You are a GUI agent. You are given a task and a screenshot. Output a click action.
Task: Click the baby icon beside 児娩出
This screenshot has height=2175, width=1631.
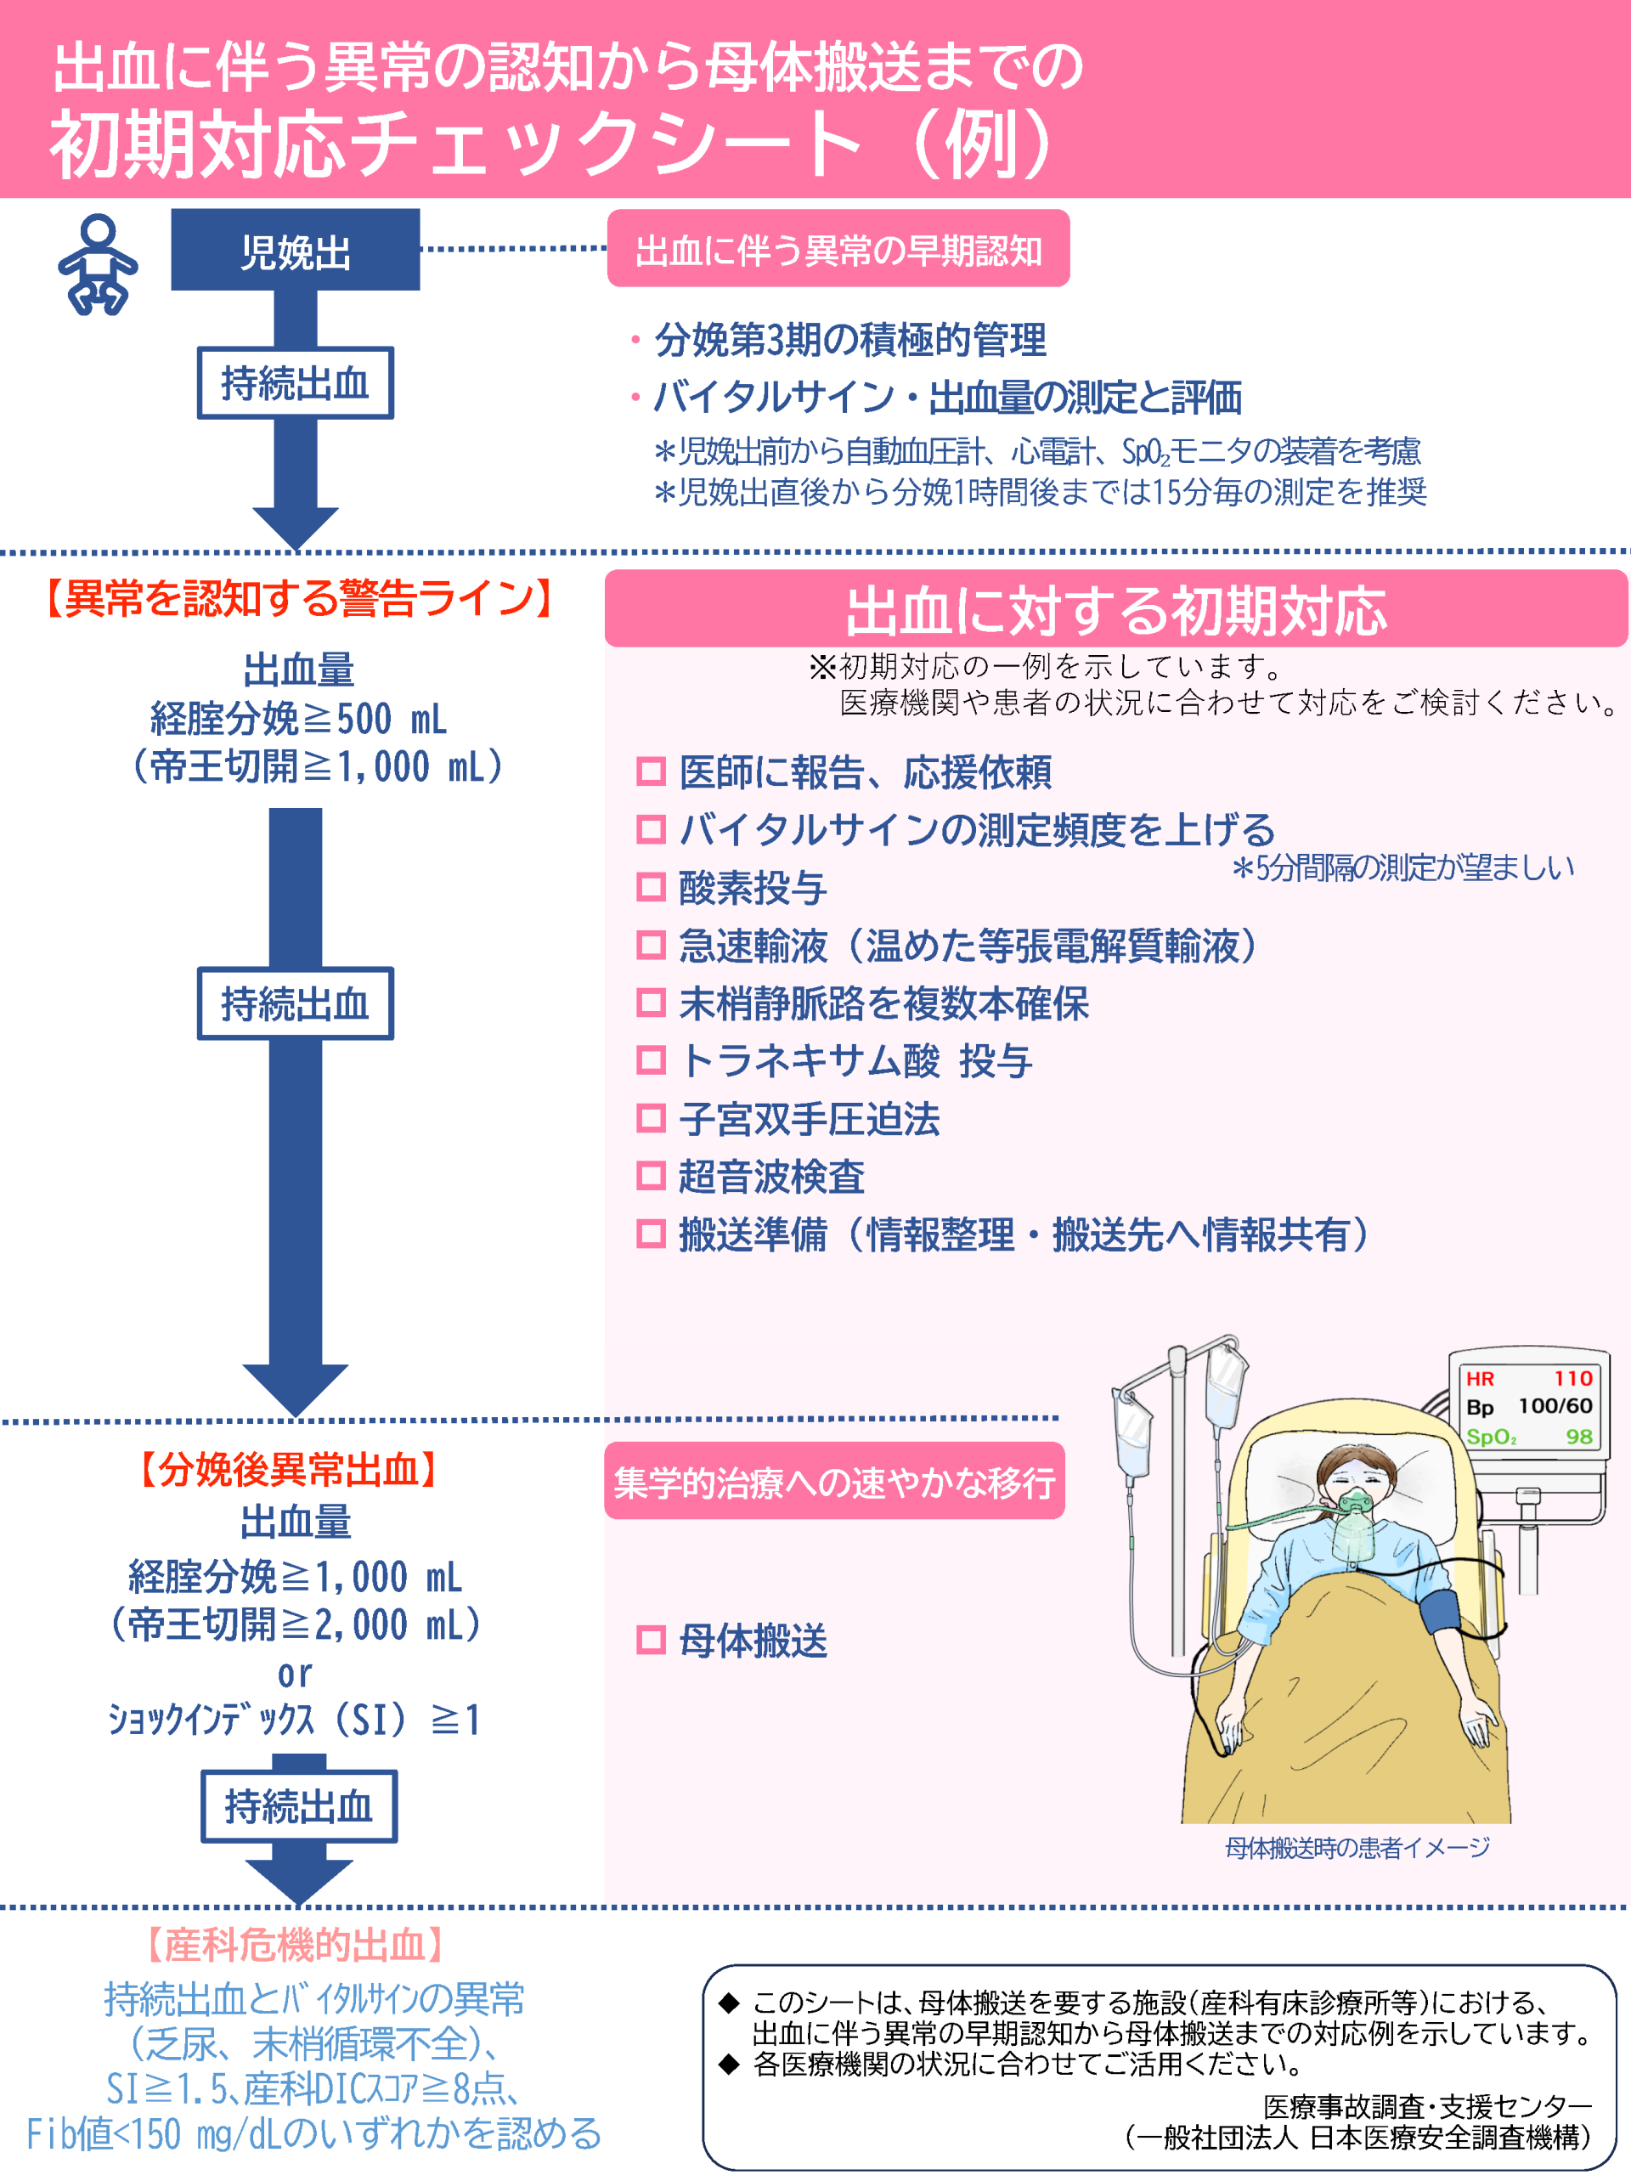pos(98,263)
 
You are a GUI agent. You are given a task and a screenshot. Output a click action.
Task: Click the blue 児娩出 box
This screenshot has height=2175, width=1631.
pos(295,251)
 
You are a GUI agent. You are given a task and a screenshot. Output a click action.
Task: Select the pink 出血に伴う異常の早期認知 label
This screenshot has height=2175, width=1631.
pos(838,250)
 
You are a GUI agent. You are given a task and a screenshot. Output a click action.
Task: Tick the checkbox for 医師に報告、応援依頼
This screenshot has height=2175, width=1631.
pos(651,771)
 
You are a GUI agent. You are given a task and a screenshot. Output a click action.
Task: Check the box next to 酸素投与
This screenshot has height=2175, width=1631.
pos(651,888)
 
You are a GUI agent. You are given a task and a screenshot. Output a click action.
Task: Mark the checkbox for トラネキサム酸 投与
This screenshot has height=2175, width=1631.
pos(651,1061)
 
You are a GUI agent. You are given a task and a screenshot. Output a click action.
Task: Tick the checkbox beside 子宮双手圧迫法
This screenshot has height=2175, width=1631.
pos(651,1119)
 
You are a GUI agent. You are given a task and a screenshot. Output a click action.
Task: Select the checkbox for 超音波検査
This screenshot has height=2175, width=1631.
pos(651,1176)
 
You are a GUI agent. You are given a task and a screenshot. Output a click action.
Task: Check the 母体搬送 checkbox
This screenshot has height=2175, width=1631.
pos(651,1640)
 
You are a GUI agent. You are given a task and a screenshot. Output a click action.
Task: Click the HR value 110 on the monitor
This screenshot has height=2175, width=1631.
pos(1572,1379)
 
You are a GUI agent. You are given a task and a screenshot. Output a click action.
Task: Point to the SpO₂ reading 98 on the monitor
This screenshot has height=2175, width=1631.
pos(1578,1437)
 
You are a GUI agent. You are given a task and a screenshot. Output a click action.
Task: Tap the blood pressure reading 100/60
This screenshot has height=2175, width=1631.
pos(1555,1406)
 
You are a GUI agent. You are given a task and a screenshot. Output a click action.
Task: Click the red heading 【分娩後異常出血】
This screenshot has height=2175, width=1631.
pos(289,1470)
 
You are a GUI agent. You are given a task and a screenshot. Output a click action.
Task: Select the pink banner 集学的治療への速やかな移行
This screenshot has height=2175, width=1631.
pos(833,1481)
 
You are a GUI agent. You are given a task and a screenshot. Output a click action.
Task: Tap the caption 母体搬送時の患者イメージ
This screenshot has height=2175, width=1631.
pos(1357,1848)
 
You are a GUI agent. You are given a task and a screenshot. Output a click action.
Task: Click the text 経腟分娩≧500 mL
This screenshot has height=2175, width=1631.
pos(298,720)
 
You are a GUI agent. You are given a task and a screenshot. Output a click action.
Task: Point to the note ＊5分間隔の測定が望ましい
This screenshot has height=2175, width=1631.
pos(1403,867)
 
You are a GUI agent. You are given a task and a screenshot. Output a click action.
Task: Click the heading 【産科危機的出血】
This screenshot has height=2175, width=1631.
pos(295,1945)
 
